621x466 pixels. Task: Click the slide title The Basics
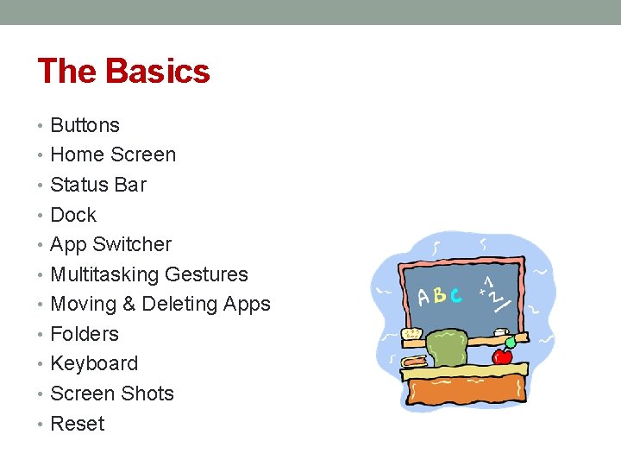(123, 71)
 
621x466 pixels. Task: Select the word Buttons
(85, 125)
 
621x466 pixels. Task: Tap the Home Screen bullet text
(113, 155)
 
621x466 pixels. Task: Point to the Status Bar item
(98, 185)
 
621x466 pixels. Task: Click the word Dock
(73, 215)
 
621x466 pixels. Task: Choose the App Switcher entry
(110, 245)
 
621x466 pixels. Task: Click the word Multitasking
(92, 274)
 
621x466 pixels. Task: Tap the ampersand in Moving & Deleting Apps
(129, 305)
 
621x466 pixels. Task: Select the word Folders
(85, 334)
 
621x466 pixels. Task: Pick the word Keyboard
(94, 364)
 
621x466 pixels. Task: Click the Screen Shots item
(112, 394)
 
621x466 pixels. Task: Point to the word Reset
(78, 424)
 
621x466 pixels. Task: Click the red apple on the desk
(501, 354)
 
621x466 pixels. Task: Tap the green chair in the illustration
(447, 348)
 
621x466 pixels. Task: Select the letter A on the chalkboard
(423, 298)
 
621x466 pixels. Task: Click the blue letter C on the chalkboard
(455, 294)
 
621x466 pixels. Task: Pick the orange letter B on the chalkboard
(440, 295)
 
